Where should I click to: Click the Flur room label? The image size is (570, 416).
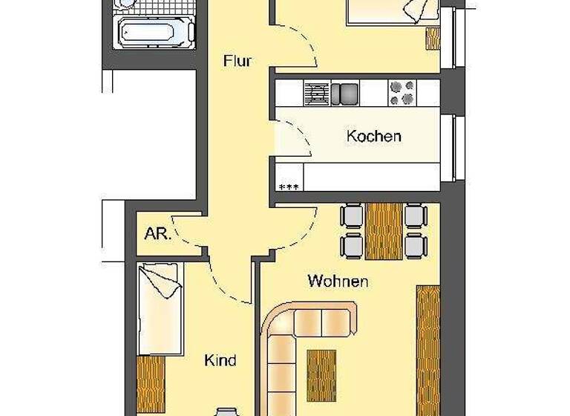[x=237, y=61]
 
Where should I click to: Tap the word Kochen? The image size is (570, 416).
[x=374, y=136]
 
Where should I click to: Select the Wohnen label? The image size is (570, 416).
[x=338, y=282]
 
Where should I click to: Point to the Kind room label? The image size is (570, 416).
[x=220, y=360]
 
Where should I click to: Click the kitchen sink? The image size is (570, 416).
[x=344, y=93]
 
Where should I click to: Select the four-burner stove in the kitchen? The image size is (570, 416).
[x=403, y=93]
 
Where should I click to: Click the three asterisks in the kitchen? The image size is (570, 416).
[x=287, y=186]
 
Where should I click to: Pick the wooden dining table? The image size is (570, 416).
[x=384, y=231]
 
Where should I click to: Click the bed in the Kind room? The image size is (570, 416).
[x=161, y=308]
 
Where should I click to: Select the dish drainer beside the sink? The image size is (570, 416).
[x=316, y=93]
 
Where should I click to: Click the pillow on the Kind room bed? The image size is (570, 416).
[x=160, y=280]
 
